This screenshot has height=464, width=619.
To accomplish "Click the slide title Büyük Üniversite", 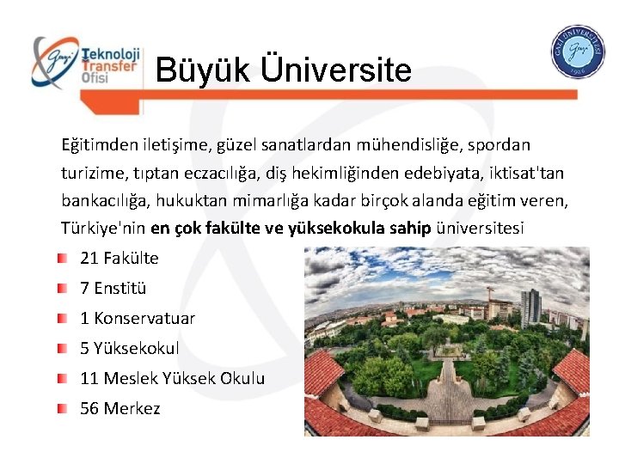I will [x=283, y=70].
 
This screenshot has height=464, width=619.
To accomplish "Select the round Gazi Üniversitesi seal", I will [x=578, y=52].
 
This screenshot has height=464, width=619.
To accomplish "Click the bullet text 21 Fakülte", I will [x=120, y=258].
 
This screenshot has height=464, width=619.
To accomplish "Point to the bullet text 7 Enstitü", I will [x=113, y=288].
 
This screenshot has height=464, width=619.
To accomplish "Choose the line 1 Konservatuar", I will [x=138, y=318].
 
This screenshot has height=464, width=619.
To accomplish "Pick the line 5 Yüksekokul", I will [x=130, y=348].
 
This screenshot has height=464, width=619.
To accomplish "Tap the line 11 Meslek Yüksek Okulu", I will [x=172, y=378].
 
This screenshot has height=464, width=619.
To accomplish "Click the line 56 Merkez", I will [x=120, y=408].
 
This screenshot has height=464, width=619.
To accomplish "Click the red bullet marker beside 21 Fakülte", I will [x=63, y=258].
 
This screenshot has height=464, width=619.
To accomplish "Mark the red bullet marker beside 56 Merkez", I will [x=63, y=408].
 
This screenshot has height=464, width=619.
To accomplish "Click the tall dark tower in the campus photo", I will [x=530, y=307].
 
